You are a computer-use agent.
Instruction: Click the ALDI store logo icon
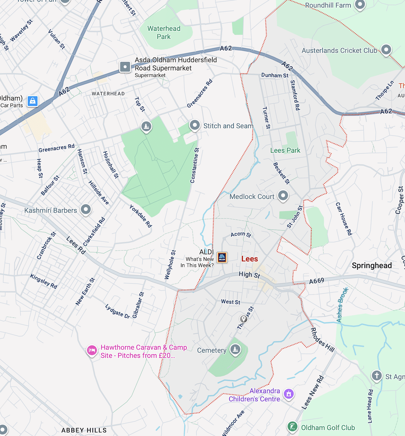(222, 257)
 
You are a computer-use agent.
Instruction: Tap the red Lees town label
(249, 259)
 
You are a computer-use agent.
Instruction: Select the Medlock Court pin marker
(283, 196)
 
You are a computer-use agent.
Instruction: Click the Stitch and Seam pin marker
(195, 125)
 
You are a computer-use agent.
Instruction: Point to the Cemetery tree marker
(235, 349)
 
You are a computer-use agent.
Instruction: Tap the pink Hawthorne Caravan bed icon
(92, 351)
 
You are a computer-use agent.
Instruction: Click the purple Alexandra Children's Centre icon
(288, 393)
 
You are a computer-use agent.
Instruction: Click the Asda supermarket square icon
(125, 67)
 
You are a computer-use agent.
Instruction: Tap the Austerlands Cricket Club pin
(386, 50)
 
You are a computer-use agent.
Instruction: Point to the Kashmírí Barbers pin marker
(85, 210)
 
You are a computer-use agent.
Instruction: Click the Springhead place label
(371, 266)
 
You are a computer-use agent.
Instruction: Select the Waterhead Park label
(164, 32)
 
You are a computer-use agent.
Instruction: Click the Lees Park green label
(285, 150)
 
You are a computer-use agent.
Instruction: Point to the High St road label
(249, 274)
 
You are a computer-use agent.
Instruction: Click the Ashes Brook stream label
(342, 305)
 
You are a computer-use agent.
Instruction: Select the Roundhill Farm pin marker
(360, 5)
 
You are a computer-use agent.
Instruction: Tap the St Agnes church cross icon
(377, 376)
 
